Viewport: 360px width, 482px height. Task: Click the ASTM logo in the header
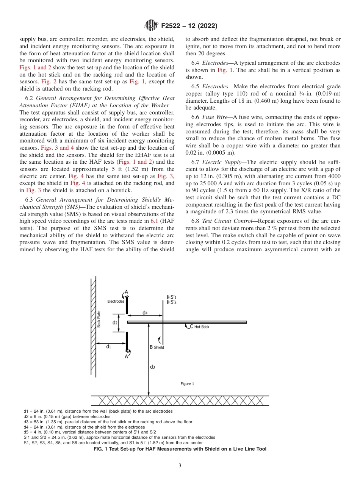coord(151,26)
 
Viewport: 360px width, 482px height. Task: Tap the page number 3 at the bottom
coord(180,466)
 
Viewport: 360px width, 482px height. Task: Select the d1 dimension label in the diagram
coord(108,346)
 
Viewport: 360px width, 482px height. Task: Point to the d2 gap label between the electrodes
coord(115,322)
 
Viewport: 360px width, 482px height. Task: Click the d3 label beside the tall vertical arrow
coord(152,366)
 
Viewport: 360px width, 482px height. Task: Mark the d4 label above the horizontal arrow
coord(145,313)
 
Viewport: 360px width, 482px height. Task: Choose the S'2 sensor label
coord(173,302)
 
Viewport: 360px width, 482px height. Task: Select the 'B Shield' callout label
coord(157,347)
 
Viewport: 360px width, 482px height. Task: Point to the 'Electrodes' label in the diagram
coord(116,301)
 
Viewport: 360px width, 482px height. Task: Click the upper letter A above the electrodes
coord(126,292)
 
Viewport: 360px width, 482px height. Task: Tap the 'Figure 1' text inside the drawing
coord(187,384)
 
